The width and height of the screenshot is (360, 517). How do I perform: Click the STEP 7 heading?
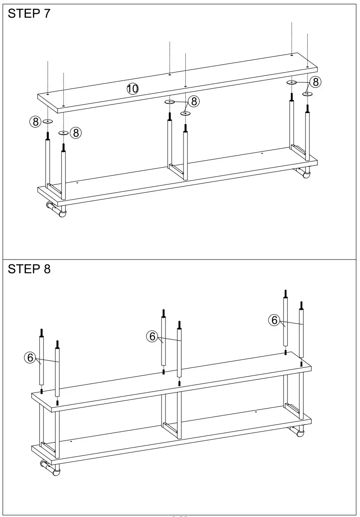pos(29,14)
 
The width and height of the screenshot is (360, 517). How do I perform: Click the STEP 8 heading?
pos(29,269)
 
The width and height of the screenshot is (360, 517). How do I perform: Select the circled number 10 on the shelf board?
pos(132,88)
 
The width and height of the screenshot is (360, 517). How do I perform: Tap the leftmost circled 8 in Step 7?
pos(35,121)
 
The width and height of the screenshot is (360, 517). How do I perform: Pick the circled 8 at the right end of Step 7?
pos(315,82)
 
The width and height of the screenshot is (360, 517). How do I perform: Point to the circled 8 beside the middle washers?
pos(194,102)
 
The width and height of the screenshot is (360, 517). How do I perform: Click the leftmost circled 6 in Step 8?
pos(30,358)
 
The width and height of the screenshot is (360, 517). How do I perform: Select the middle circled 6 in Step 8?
pos(152,337)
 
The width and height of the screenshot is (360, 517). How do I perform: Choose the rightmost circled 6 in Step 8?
pos(275,320)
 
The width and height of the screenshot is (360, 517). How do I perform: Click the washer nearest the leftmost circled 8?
pos(48,121)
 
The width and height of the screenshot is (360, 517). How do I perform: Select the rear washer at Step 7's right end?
pos(292,82)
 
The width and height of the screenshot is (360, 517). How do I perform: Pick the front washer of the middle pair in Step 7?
pos(186,114)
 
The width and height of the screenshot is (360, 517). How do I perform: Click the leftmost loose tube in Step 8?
pos(42,361)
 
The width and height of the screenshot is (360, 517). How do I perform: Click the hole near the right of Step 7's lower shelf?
pos(262,153)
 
